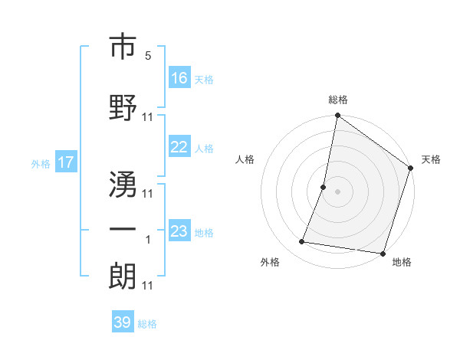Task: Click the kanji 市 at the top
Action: pyautogui.click(x=123, y=48)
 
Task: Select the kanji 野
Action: pyautogui.click(x=123, y=106)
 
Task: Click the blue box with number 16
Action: pyautogui.click(x=179, y=77)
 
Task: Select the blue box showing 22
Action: pyautogui.click(x=179, y=148)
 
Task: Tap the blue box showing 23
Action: pyautogui.click(x=179, y=231)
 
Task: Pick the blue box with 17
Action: pyautogui.click(x=65, y=162)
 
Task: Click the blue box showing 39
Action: pyautogui.click(x=123, y=322)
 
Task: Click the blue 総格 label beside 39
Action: pyautogui.click(x=147, y=324)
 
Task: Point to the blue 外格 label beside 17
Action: pyautogui.click(x=40, y=164)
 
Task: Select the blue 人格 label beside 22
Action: pyautogui.click(x=204, y=149)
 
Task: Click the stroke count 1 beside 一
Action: pyautogui.click(x=148, y=240)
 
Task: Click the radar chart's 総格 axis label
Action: pyautogui.click(x=337, y=100)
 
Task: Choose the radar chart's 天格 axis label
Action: pyautogui.click(x=431, y=159)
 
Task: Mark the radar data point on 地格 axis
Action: pyautogui.click(x=383, y=253)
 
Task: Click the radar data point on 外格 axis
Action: pyautogui.click(x=302, y=242)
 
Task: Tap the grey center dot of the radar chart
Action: pyautogui.click(x=337, y=191)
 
